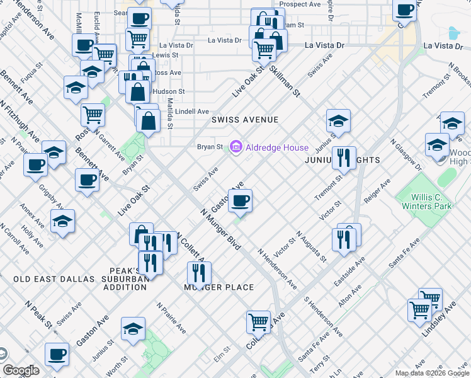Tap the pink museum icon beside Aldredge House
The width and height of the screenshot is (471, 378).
(x=236, y=147)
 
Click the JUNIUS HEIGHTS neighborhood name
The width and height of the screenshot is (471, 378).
(x=342, y=160)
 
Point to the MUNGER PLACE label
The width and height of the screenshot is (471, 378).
(x=218, y=287)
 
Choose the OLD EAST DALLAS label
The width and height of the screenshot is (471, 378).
(x=54, y=278)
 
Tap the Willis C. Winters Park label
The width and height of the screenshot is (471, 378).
(x=426, y=201)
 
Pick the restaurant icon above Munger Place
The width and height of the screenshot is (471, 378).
(x=199, y=273)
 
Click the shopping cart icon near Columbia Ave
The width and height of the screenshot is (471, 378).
(x=258, y=322)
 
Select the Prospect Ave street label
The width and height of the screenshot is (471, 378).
(x=300, y=4)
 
